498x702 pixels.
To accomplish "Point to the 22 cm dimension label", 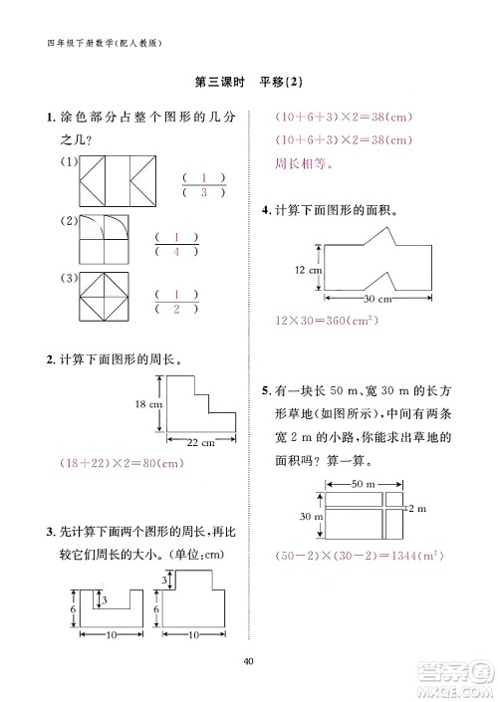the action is pos(201,442).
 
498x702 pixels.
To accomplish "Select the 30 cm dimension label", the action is pos(376,299).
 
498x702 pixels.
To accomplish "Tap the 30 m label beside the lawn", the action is pos(306,517).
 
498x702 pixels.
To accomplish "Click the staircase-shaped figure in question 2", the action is pos(197,403).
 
